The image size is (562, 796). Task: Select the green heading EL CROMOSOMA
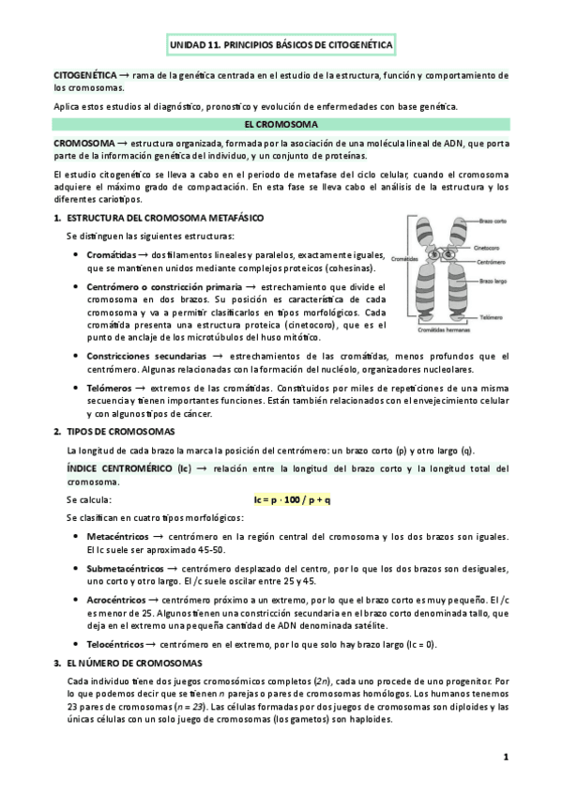click(x=281, y=123)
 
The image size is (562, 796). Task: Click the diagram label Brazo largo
click(x=494, y=280)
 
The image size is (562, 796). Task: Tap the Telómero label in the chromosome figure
click(x=492, y=318)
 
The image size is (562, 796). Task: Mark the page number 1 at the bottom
click(x=505, y=757)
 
